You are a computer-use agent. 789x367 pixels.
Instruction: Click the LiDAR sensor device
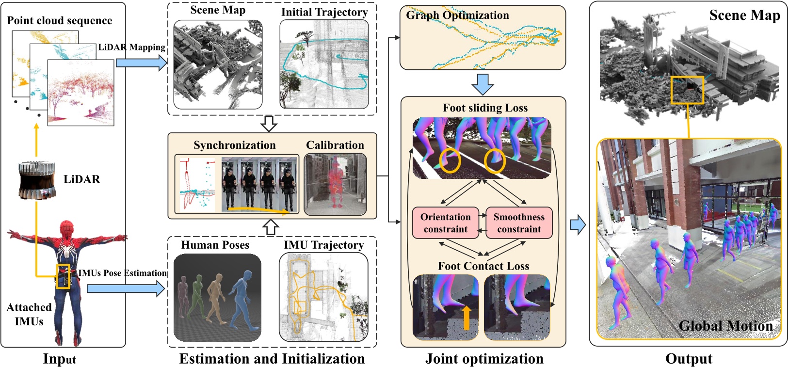(35, 180)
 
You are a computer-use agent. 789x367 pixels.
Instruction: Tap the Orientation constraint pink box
(445, 223)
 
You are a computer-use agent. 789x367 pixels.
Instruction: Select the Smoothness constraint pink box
(519, 223)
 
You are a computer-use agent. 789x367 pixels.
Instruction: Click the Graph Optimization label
(457, 15)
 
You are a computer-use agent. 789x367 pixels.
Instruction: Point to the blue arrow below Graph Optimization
(483, 84)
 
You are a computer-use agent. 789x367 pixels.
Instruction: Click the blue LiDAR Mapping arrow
(141, 63)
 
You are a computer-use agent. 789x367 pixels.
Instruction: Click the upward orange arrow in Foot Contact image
(466, 318)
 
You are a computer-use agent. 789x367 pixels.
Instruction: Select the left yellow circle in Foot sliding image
(450, 160)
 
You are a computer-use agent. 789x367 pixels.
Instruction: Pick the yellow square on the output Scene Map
(687, 90)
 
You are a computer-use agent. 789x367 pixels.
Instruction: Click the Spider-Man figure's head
(66, 229)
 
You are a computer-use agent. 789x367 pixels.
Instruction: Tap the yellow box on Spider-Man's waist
(63, 277)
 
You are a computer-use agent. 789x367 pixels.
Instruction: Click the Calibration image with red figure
(335, 184)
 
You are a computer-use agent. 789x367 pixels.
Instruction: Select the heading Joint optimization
(484, 359)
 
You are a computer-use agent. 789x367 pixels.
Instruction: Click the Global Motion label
(725, 326)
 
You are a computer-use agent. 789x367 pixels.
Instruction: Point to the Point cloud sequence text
(59, 20)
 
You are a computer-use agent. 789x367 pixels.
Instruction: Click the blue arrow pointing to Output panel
(577, 225)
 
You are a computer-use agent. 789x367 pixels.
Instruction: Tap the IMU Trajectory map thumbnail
(323, 297)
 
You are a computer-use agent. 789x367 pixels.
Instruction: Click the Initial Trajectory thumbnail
(324, 64)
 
